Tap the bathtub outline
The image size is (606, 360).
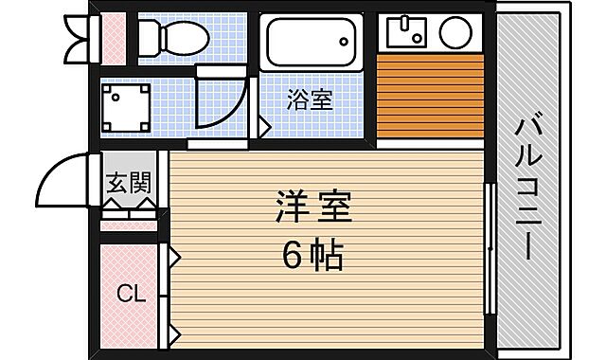coord(313,42)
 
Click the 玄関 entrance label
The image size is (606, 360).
coord(126,182)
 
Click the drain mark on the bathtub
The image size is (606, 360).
coord(346,39)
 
